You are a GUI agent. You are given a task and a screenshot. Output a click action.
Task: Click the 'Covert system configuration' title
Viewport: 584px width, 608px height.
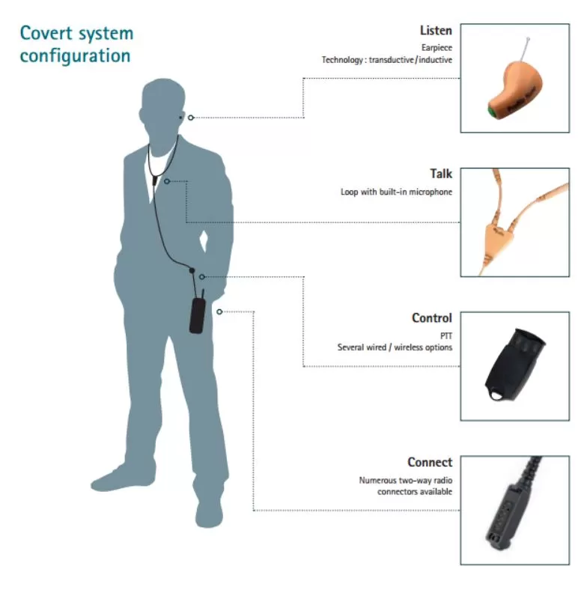(76, 44)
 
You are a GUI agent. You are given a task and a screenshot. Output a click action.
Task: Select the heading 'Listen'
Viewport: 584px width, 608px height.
(436, 31)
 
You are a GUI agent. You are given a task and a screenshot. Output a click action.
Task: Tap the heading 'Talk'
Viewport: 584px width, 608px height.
(440, 174)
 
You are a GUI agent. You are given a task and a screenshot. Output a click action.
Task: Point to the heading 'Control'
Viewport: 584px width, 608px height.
(431, 318)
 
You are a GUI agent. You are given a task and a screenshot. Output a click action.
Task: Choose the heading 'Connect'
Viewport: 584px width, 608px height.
(430, 462)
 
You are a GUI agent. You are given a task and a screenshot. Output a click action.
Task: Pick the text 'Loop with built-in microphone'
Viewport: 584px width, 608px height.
(396, 192)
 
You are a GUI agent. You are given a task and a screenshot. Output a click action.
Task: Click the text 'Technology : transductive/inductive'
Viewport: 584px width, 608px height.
(386, 60)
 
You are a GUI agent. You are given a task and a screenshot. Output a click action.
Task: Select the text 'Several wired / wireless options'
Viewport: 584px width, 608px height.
(395, 347)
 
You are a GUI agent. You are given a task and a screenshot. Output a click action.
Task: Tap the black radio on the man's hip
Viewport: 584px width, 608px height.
(197, 314)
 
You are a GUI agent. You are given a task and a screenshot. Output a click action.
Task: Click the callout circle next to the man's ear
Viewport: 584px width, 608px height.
(191, 118)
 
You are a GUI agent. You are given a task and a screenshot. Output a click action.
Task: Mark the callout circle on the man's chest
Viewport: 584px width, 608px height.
(167, 181)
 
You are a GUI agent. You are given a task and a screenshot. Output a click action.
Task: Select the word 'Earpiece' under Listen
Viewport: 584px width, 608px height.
(438, 48)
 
